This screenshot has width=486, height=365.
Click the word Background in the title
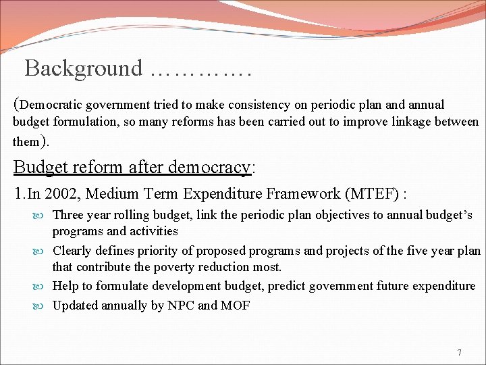(84, 68)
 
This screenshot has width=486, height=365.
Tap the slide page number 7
(459, 353)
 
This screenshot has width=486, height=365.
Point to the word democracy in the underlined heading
(212, 166)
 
